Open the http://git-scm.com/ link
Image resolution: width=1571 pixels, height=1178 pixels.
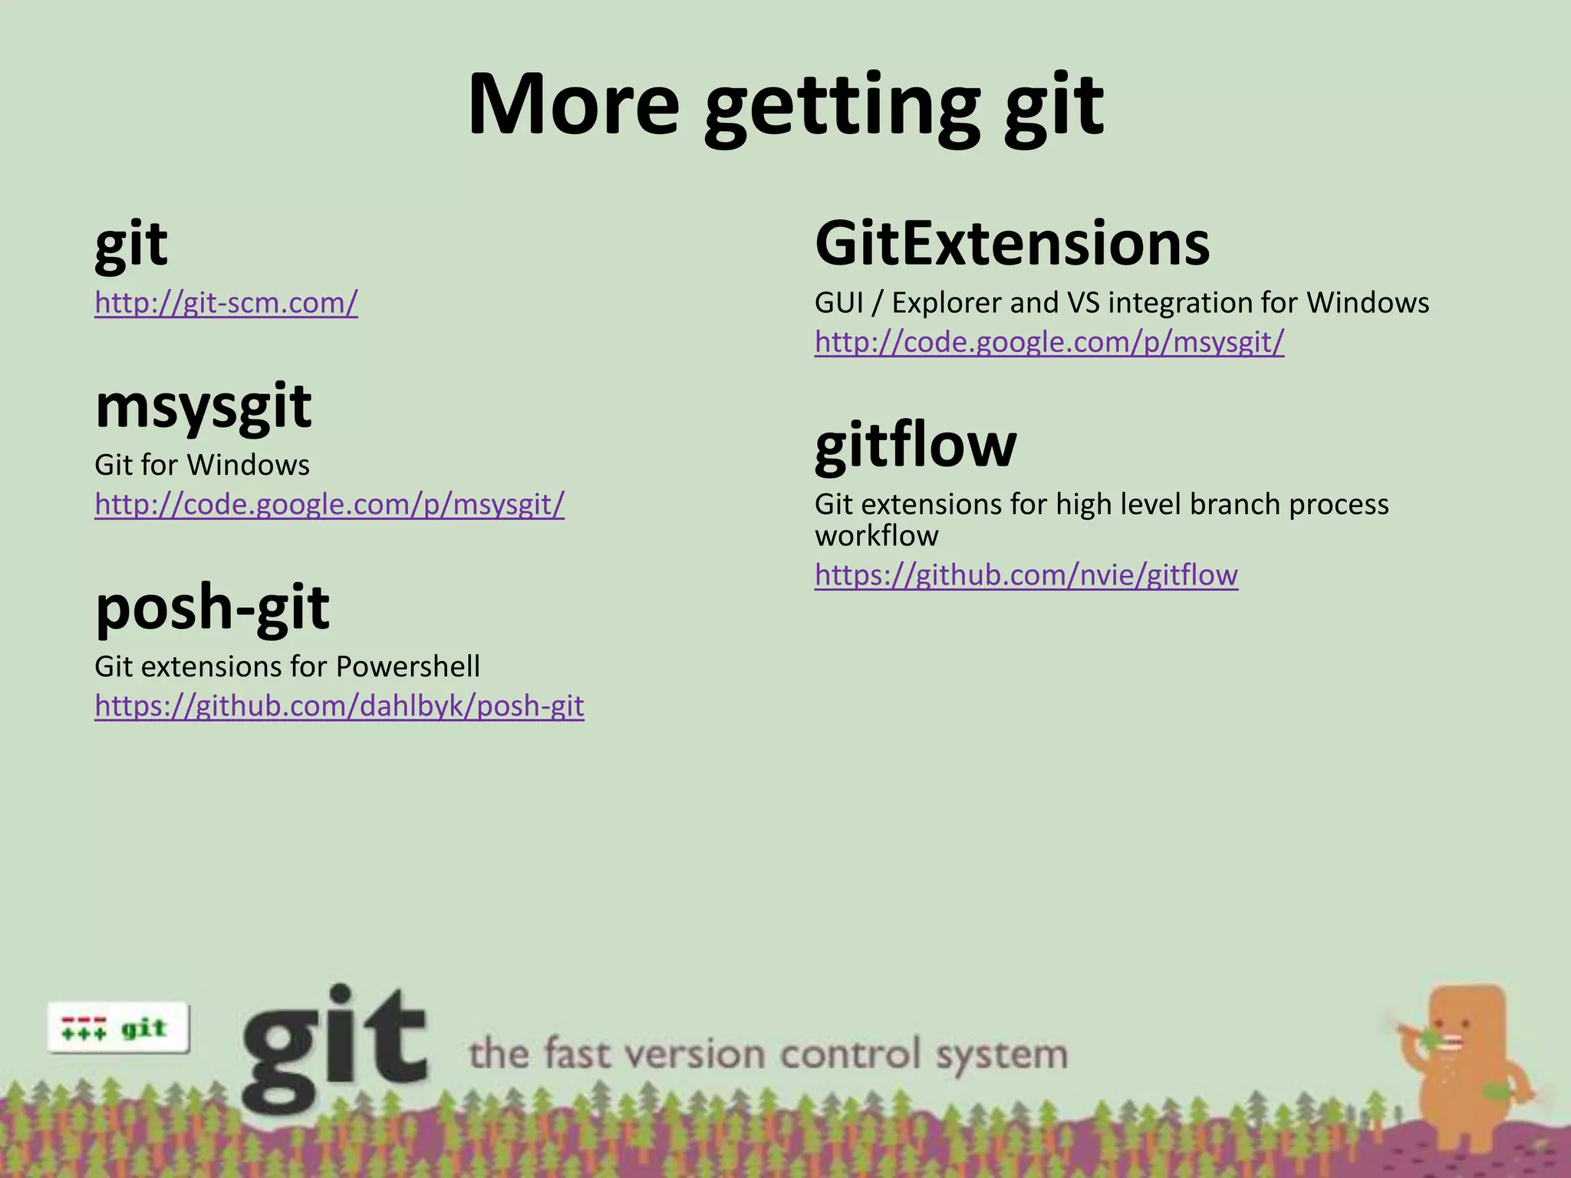(x=226, y=303)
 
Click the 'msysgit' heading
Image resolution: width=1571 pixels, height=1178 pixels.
(x=203, y=406)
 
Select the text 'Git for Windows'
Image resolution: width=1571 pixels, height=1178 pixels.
(x=202, y=465)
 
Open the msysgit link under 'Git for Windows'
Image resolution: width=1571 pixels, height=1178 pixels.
(x=329, y=504)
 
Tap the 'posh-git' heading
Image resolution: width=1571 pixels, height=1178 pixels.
(x=212, y=607)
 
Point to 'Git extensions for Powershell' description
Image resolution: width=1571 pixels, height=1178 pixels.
(x=287, y=666)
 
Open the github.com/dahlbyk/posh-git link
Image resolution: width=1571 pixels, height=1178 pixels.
(x=339, y=706)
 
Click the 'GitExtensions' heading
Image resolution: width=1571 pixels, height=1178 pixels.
(x=1012, y=244)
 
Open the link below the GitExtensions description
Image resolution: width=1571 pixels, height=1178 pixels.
(x=1049, y=342)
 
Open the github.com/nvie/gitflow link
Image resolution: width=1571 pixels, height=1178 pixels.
(x=1026, y=574)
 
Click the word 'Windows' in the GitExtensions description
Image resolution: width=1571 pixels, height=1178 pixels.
(x=1368, y=303)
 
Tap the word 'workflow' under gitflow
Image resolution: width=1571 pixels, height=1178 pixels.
(x=876, y=536)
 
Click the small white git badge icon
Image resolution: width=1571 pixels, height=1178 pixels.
(x=117, y=1028)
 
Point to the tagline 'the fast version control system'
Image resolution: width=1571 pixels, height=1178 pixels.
(x=768, y=1054)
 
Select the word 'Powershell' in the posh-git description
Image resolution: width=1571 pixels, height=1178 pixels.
(x=407, y=666)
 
